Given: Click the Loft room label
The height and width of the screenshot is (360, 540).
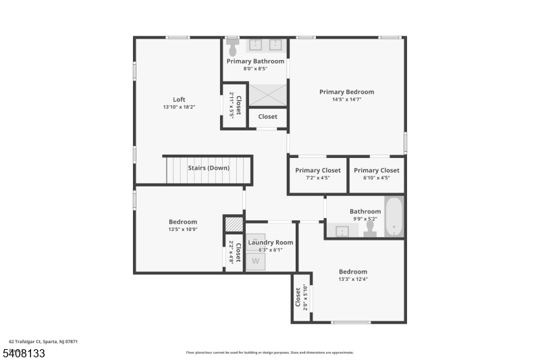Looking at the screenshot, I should tap(179, 99).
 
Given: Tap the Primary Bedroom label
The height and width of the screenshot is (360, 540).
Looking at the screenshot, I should tap(346, 92).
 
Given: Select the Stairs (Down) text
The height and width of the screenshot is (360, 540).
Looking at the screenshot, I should tap(209, 168).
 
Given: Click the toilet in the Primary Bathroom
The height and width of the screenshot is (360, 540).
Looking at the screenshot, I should tap(233, 47).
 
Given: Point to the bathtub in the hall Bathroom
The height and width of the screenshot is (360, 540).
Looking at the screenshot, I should tap(394, 216).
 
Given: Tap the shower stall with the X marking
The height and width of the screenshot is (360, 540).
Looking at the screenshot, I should tap(268, 95).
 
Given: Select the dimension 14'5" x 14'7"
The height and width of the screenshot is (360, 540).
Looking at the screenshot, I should tap(346, 100).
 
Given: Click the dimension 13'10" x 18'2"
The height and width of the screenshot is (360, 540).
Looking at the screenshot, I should tap(179, 107).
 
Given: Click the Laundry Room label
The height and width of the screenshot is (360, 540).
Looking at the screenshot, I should tap(270, 242).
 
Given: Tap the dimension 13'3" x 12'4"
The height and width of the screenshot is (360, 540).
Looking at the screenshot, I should tap(353, 279).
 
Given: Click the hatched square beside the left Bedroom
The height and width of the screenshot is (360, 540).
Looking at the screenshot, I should tap(233, 224).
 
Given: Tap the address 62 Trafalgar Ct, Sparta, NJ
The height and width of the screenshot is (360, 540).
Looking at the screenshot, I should tap(43, 342).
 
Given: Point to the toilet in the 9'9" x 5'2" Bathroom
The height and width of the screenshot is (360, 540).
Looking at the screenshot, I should tap(370, 229).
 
